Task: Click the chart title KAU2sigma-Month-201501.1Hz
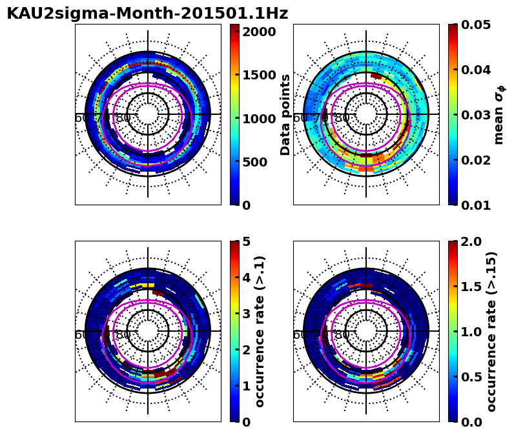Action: (147, 14)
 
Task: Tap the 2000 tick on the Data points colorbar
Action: (259, 32)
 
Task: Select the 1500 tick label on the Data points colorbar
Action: (259, 75)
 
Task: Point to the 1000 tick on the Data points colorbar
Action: (259, 118)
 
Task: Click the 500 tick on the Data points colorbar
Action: (259, 161)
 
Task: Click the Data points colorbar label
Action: (285, 114)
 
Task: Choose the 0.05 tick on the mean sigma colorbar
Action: (477, 25)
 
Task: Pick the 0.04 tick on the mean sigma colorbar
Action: (477, 70)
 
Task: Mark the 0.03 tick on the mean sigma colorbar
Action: (477, 115)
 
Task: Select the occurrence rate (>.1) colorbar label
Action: (260, 331)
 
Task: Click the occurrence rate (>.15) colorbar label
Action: (492, 331)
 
